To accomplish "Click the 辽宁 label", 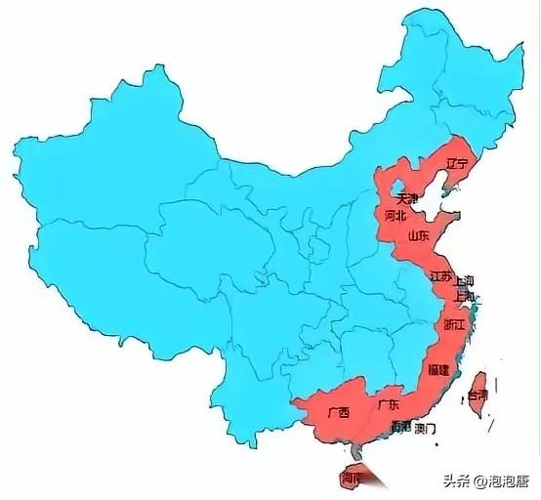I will coord(456,162).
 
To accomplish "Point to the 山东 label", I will coord(418,235).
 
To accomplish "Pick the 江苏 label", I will coord(440,276).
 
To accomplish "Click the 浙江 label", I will coord(454,323).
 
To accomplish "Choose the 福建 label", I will coord(438,370).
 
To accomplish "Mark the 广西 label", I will coord(337,413).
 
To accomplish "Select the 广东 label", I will coord(387,404).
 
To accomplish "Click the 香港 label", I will coord(399,428).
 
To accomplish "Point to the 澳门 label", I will coord(426,428).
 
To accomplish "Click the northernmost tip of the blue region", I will coord(421,12).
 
